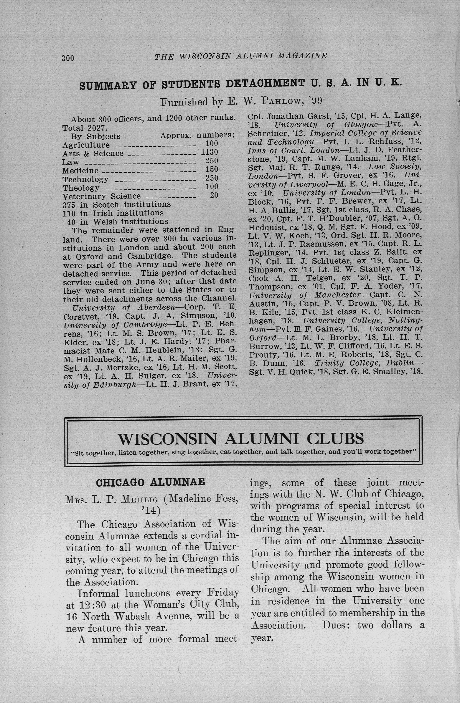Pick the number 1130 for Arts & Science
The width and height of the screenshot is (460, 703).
coord(210,152)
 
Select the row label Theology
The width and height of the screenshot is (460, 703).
coord(81,188)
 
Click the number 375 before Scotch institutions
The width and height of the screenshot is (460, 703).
coord(69,205)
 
